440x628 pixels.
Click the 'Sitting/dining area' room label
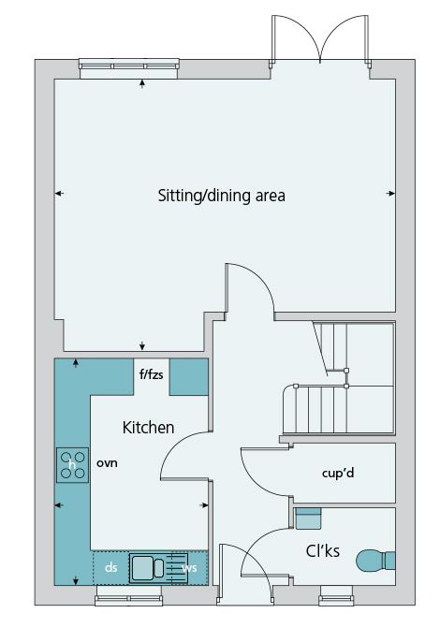pos(221,196)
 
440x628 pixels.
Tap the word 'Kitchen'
pos(148,428)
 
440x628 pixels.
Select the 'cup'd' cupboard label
pos(338,474)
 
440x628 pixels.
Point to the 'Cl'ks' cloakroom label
pos(323,551)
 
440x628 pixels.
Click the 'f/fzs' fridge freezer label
pos(151,374)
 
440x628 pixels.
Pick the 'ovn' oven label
pos(107,463)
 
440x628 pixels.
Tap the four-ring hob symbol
pos(72,465)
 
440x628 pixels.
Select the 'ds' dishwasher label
pos(111,567)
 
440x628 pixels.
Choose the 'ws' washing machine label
pos(189,568)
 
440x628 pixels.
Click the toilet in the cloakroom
pos(375,561)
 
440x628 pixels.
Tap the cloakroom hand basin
pos(308,518)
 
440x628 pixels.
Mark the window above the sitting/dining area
pos(129,68)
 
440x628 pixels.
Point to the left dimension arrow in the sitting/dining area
pos(59,194)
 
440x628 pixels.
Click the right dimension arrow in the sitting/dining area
pos(390,194)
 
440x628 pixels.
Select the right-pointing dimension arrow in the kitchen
pos(204,505)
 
